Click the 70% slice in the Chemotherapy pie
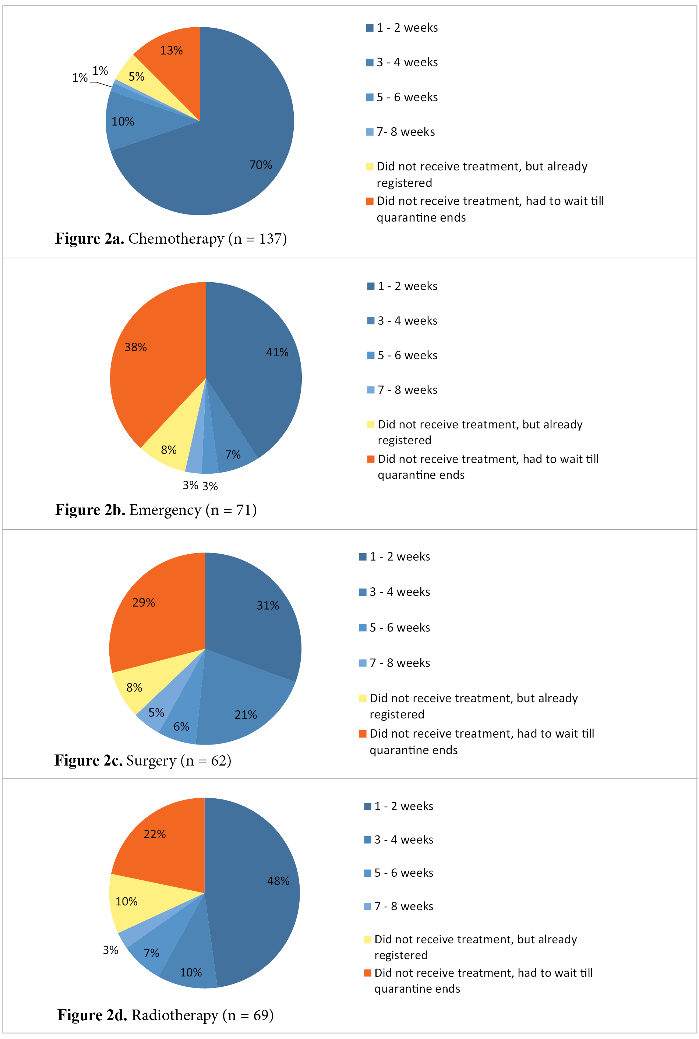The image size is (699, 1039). point(241,147)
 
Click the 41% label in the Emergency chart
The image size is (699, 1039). point(277,353)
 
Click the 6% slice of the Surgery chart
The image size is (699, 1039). point(182,722)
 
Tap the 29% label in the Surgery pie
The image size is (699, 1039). point(144,602)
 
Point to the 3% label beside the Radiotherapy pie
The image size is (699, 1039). point(110,950)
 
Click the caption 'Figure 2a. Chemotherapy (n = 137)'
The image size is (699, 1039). point(171,239)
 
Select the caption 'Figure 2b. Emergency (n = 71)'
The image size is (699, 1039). point(156,510)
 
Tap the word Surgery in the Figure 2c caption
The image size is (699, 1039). point(151,760)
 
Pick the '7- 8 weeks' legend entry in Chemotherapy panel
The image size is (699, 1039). point(405,132)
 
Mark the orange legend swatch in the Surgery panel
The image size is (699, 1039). point(363,734)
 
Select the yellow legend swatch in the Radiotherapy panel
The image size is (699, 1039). point(367,940)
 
